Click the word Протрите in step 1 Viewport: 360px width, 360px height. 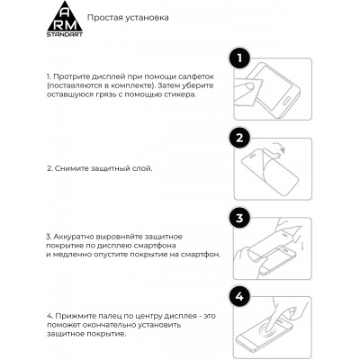pyautogui.click(x=67, y=79)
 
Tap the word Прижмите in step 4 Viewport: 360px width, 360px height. pyautogui.click(x=69, y=315)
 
